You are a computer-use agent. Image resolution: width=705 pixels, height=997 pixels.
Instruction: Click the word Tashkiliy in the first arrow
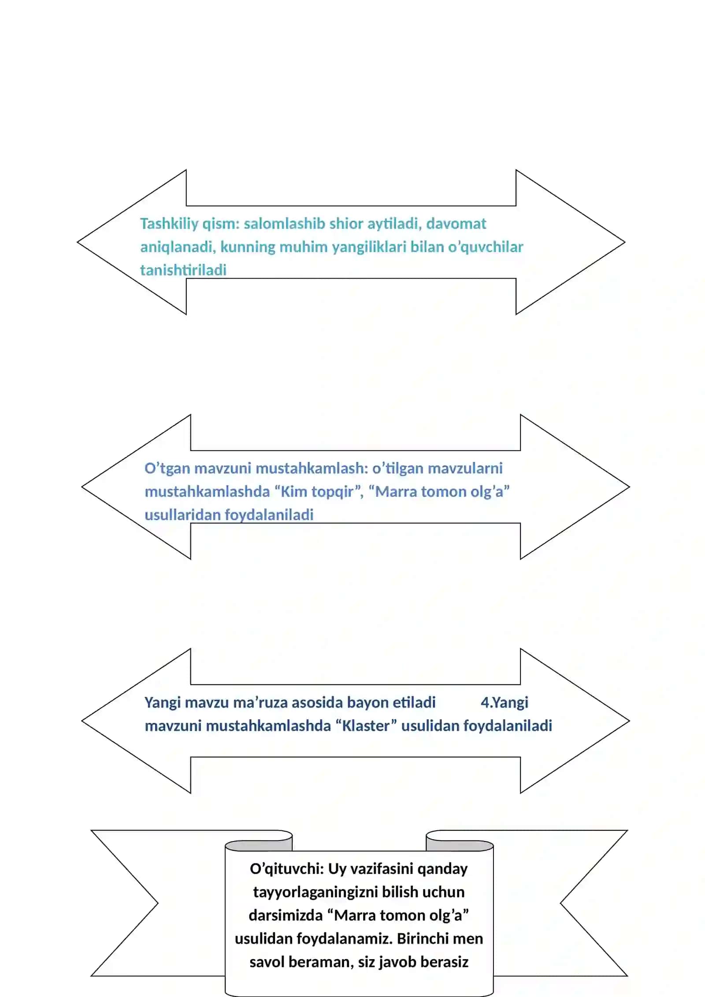(x=169, y=224)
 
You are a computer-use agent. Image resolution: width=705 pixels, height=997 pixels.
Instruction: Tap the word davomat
(x=456, y=223)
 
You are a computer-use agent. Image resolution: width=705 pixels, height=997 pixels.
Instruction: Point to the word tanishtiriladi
(x=183, y=270)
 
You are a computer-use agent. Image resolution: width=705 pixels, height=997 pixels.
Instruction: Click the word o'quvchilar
(x=486, y=247)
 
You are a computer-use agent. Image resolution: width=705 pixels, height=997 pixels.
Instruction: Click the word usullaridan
(x=182, y=514)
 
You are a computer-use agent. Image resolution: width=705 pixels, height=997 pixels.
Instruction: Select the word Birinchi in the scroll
(x=418, y=938)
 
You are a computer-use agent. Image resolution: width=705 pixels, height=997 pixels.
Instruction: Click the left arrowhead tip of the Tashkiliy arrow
(x=78, y=242)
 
